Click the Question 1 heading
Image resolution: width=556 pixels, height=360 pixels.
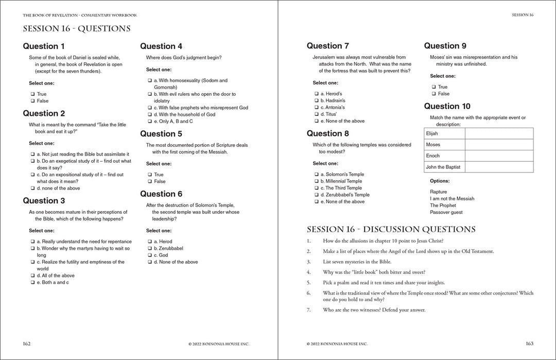pyautogui.click(x=44, y=46)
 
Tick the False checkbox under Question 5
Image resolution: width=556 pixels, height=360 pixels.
pyautogui.click(x=149, y=181)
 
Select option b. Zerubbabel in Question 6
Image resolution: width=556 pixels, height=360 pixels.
pyautogui.click(x=149, y=248)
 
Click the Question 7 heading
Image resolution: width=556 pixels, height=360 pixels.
pyautogui.click(x=328, y=46)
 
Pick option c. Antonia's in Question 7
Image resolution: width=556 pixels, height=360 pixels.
pyautogui.click(x=316, y=108)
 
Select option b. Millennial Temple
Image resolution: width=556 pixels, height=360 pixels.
pyautogui.click(x=316, y=181)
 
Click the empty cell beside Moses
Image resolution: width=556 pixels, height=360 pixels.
pyautogui.click(x=499, y=145)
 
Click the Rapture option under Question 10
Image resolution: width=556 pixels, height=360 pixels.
pyautogui.click(x=439, y=192)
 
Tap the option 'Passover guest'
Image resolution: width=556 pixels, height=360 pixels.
pyautogui.click(x=446, y=212)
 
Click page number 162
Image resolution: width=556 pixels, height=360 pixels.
pyautogui.click(x=27, y=344)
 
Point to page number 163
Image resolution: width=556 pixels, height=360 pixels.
pyautogui.click(x=529, y=344)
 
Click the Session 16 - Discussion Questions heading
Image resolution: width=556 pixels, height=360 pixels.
pyautogui.click(x=391, y=229)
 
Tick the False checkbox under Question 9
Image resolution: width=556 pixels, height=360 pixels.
pyautogui.click(x=433, y=94)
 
